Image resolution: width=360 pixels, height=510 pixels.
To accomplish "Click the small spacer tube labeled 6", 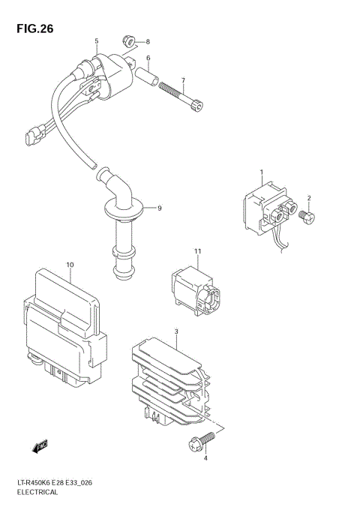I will (145, 76).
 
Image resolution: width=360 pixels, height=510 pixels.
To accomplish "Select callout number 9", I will (158, 207).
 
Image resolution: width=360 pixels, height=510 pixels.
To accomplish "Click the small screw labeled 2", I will (307, 217).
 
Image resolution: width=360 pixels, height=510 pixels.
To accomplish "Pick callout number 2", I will (308, 198).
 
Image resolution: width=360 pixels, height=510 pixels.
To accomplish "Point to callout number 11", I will (199, 250).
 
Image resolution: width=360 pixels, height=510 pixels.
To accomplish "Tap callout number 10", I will (70, 265).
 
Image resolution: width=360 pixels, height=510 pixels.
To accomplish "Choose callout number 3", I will (175, 331).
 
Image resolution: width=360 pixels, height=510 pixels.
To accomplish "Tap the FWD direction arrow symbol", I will (40, 448).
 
